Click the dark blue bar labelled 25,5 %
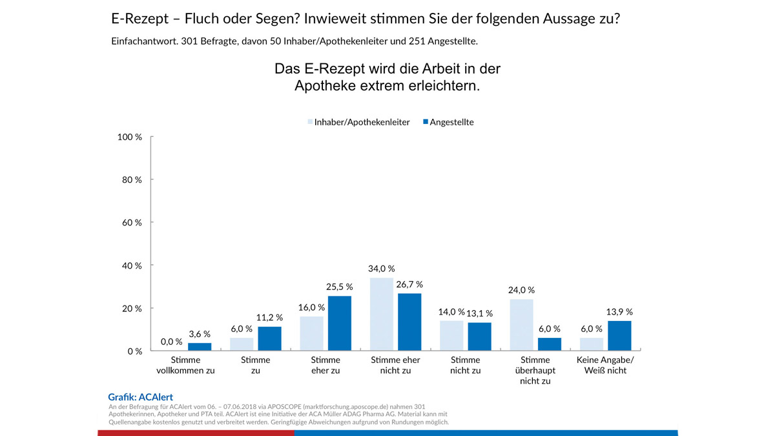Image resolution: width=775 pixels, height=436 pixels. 339,324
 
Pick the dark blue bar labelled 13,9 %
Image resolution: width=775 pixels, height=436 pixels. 619,336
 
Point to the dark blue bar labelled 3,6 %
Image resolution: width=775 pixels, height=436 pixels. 200,347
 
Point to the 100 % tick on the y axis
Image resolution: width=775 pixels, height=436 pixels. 130,137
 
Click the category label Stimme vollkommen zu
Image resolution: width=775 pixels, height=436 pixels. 185,365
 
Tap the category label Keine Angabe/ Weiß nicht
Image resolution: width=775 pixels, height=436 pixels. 604,365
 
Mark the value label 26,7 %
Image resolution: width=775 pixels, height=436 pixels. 409,284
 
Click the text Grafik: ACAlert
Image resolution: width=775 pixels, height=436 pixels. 140,397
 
